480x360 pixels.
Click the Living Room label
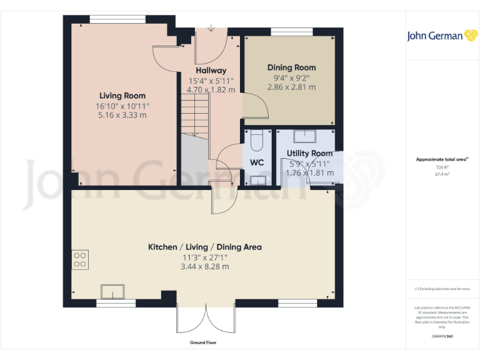(x=122, y=96)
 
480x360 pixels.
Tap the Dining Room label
(x=291, y=67)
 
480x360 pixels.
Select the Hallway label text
(x=211, y=71)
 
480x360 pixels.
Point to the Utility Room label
(x=309, y=153)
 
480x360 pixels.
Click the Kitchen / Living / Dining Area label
(x=204, y=247)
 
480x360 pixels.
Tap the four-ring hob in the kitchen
(x=81, y=259)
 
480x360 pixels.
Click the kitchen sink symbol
(x=112, y=291)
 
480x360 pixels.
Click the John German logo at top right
(x=441, y=36)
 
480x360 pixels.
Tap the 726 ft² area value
(x=442, y=167)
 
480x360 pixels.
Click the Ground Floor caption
(x=204, y=342)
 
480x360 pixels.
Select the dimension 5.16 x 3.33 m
(x=122, y=115)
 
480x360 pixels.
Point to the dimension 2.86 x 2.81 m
(x=291, y=87)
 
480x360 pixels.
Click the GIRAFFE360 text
(x=442, y=337)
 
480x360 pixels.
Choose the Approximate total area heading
(x=442, y=159)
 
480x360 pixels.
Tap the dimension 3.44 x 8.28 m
(x=205, y=266)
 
